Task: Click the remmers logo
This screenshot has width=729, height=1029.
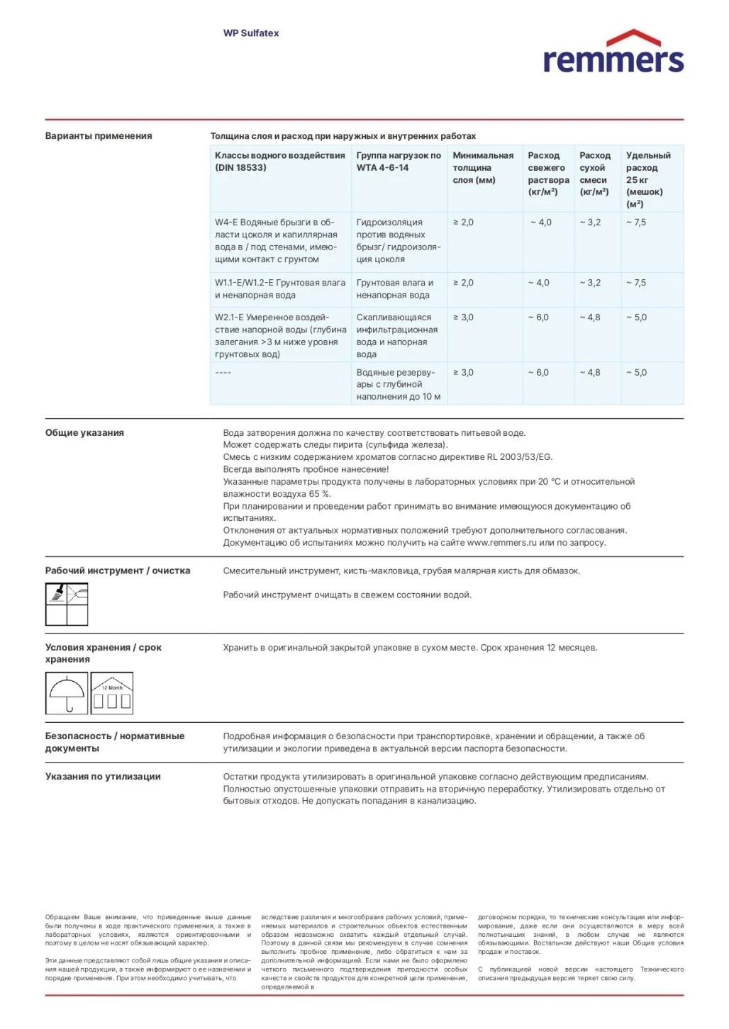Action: coord(613,52)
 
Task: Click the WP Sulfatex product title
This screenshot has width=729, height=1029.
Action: coord(251,33)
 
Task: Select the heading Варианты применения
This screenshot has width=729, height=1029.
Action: coord(99,136)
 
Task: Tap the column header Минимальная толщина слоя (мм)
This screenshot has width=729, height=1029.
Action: coord(483,168)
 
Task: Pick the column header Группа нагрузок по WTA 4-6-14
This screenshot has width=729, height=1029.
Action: coord(399,162)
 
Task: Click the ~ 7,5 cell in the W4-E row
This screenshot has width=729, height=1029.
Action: coord(636,223)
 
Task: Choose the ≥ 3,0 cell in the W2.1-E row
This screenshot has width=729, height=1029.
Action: coord(464,317)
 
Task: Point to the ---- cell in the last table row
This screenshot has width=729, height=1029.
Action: coord(223,373)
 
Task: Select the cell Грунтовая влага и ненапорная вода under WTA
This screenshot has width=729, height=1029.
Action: coord(394,289)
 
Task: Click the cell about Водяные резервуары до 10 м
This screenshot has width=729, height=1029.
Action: coord(398,385)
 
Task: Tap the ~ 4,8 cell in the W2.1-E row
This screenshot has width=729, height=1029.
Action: coord(590,317)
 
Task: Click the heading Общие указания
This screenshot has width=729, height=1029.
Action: coord(84,433)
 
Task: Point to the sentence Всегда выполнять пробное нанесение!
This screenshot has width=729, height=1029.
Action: coord(306,469)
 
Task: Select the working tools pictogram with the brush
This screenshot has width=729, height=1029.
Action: coord(67,604)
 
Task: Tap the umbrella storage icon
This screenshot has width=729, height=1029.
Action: coord(66,693)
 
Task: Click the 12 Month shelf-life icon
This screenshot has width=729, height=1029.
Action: coord(112,693)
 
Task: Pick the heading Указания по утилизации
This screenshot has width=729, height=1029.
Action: coord(103,777)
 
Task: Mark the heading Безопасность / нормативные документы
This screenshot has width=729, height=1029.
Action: coord(115,743)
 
